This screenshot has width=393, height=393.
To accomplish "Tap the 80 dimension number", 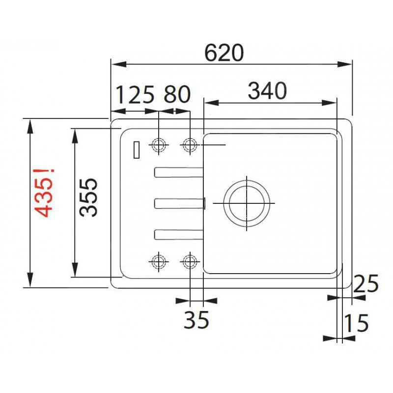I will (177, 94).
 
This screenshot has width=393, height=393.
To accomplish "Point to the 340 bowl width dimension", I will (267, 91).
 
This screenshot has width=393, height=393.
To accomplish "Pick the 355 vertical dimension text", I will (89, 197).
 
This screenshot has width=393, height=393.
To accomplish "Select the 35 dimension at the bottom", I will (196, 320).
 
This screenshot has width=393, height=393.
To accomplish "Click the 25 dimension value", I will (366, 284).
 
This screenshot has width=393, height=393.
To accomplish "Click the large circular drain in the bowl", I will (247, 203).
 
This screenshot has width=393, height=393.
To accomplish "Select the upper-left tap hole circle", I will (159, 145).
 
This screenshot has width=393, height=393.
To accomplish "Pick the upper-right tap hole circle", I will (190, 145).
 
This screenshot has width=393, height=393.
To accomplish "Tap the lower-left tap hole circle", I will (159, 261).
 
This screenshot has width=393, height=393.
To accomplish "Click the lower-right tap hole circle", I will (190, 261).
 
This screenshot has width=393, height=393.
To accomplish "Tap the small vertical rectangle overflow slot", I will (137, 150).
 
